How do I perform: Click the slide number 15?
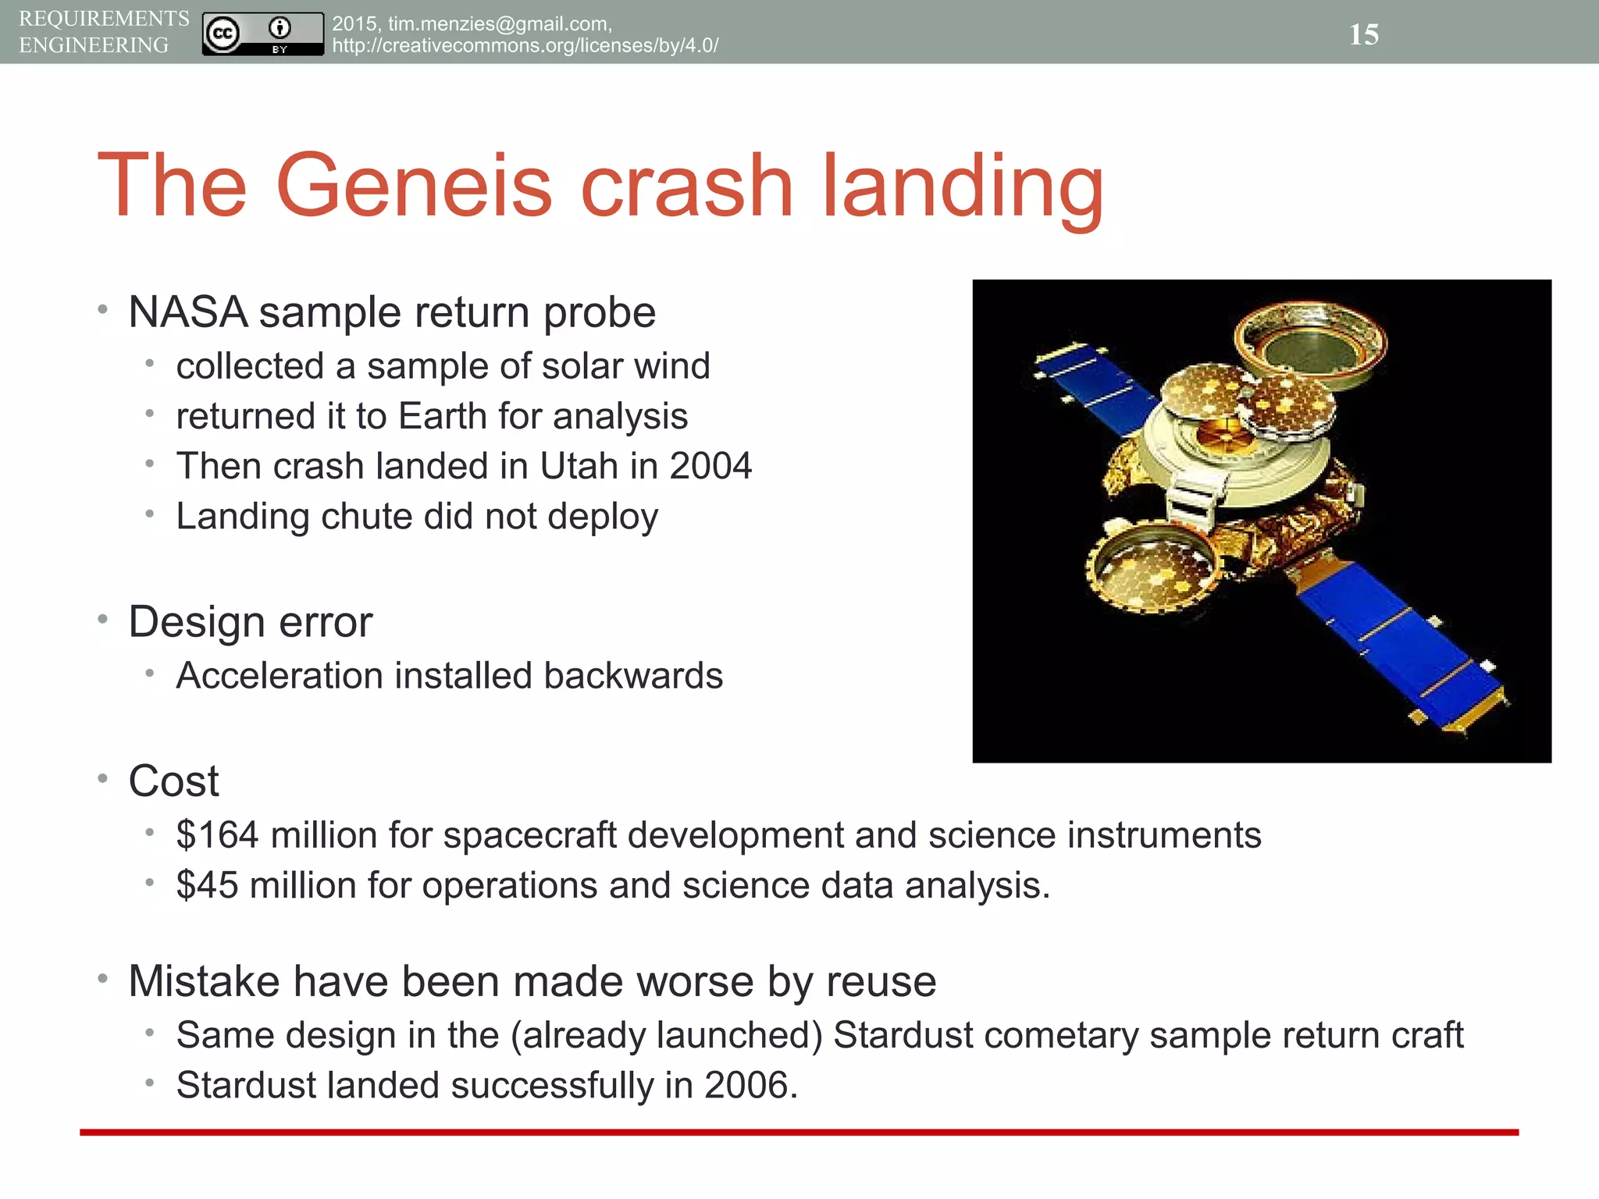[1363, 34]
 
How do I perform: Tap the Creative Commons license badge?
[262, 34]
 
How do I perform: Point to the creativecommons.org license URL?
[525, 46]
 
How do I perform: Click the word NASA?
[188, 312]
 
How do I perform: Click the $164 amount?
[217, 835]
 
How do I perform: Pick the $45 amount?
[207, 886]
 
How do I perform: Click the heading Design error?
[250, 622]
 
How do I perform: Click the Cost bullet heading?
[173, 781]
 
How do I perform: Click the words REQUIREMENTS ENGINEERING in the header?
[103, 32]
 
